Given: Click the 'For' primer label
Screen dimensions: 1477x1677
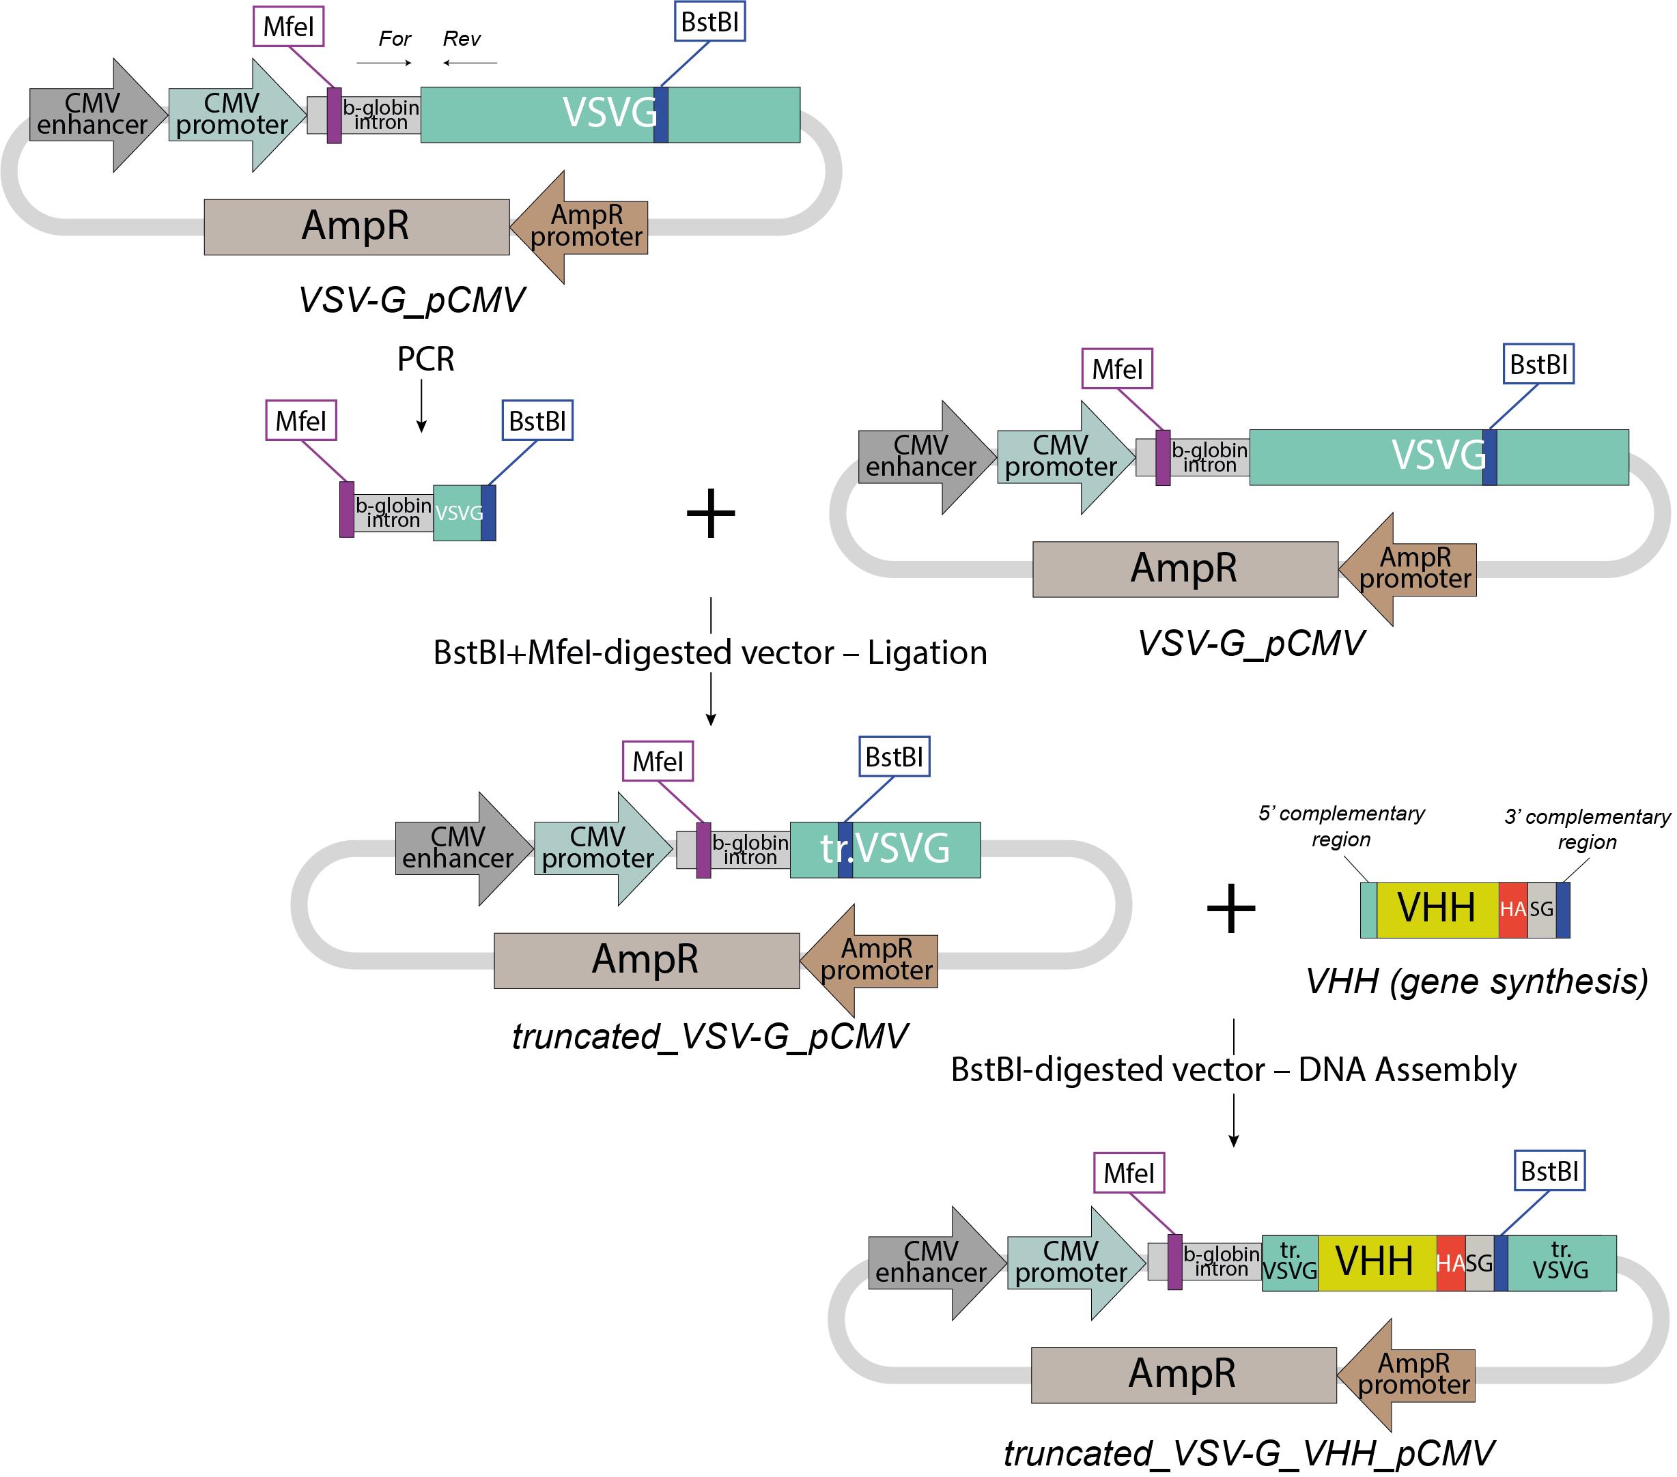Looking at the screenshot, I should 395,38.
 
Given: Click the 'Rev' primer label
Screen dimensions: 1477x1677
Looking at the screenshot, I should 461,38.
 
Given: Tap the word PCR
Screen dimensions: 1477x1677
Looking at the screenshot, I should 425,359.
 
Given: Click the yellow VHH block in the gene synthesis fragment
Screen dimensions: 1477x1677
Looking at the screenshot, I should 1437,908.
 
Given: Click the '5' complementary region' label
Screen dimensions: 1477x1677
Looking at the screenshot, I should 1342,826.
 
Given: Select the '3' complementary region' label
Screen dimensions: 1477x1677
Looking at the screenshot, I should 1587,829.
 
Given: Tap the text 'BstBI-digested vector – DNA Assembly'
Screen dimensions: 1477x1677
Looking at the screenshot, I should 1233,1070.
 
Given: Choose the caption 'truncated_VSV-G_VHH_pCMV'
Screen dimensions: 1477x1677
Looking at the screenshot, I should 1248,1454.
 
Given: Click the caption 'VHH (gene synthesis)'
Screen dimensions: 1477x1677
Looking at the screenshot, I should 1477,981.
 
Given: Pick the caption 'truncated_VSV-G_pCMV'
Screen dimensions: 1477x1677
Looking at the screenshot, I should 709,1037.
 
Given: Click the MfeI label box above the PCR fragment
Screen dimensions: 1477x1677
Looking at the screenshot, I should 301,420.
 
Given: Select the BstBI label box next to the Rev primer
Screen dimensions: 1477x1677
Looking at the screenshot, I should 709,22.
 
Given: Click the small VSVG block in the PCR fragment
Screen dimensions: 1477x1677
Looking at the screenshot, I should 457,513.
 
